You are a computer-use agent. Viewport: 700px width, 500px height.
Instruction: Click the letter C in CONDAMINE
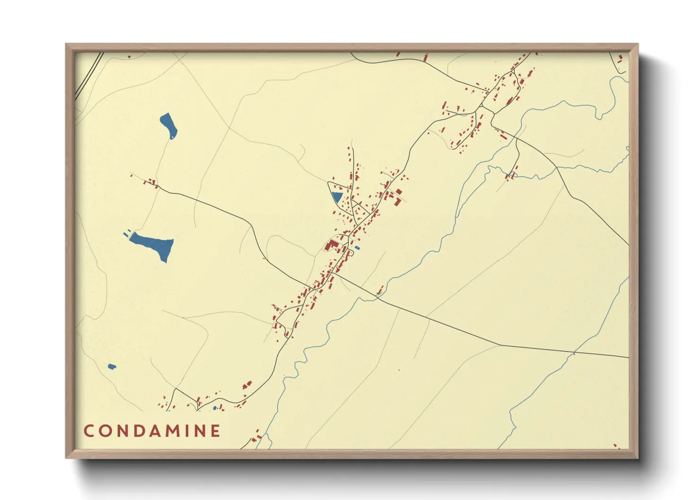88,431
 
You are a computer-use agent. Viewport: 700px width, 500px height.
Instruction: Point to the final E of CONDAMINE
216,431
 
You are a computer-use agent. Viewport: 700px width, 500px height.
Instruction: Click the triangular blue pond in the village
337,197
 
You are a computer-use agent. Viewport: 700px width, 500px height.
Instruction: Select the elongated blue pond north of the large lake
168,125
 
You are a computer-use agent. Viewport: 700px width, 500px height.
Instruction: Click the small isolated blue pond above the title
112,366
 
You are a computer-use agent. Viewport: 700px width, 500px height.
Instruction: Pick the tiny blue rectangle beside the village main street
357,248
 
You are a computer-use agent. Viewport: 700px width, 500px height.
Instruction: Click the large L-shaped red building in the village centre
331,245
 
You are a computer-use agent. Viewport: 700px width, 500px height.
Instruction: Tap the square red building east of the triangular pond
399,192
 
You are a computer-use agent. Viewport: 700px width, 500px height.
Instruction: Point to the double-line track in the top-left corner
88,76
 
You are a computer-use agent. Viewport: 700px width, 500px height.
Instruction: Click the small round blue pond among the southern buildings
215,407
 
